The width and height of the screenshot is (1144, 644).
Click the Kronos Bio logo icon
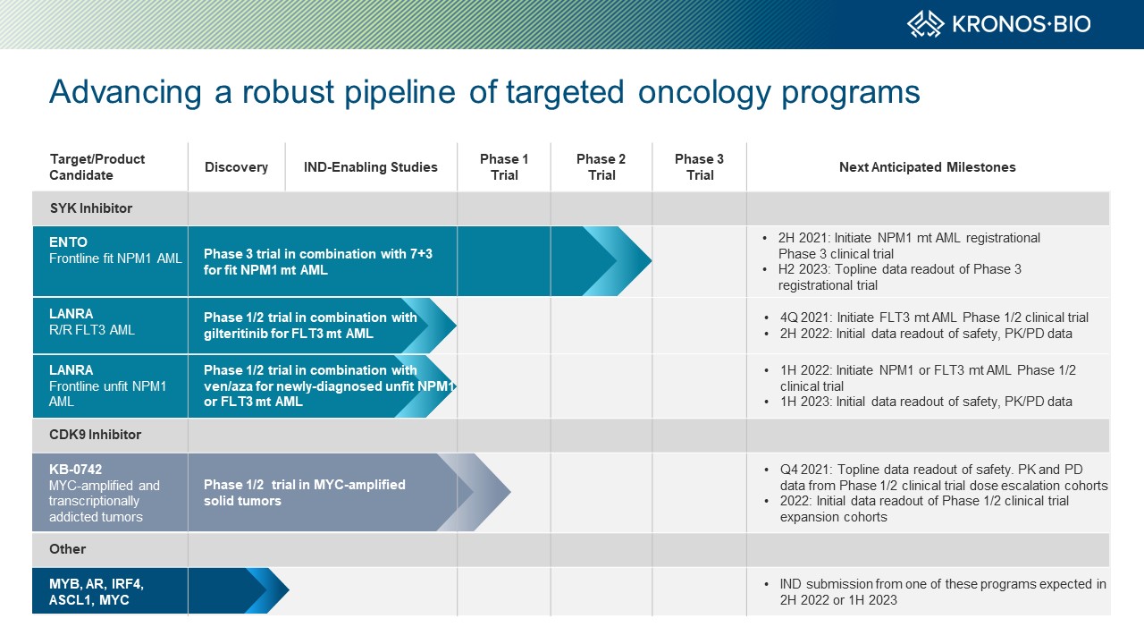click(925, 24)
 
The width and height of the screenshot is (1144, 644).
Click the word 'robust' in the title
click(288, 92)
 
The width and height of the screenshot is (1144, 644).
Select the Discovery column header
click(236, 167)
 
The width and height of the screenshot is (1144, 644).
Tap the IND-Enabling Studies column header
click(370, 167)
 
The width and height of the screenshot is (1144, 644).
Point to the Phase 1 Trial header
click(504, 167)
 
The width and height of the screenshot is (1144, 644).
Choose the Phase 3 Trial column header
click(699, 167)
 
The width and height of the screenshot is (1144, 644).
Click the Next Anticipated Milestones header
click(928, 167)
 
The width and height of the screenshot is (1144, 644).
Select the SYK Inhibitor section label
click(91, 208)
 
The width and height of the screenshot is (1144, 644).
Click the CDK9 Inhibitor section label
click(95, 435)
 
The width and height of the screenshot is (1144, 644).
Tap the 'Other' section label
click(67, 549)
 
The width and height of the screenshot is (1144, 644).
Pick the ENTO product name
click(69, 242)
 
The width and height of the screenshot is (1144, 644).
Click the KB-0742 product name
click(76, 470)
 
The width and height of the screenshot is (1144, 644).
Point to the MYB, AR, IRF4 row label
click(97, 592)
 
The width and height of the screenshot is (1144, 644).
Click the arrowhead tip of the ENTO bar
click(651, 260)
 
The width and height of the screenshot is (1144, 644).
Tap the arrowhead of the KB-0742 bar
click(509, 492)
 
